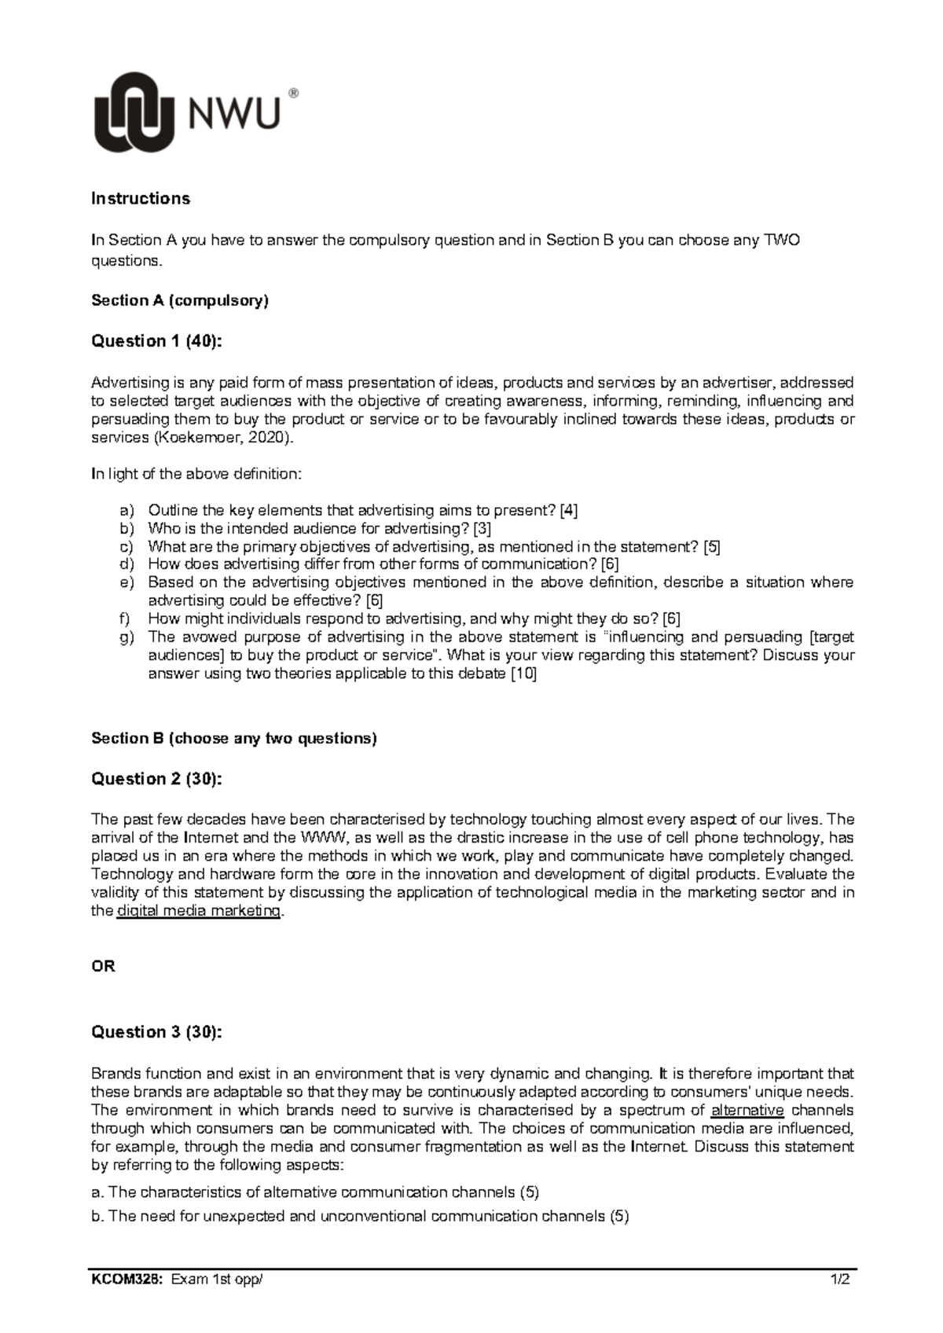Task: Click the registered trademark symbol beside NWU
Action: point(294,94)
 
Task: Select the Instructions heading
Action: point(141,199)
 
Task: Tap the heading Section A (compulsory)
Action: point(180,300)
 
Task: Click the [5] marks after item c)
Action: point(712,547)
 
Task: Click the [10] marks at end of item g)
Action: point(523,674)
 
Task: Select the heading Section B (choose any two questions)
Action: point(234,739)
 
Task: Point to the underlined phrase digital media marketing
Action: point(198,912)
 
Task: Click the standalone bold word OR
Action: point(104,968)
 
